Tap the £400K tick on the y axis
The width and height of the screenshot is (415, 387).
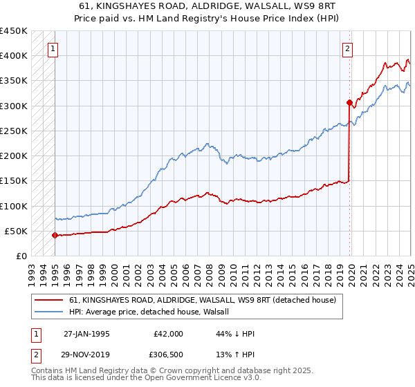pos(14,56)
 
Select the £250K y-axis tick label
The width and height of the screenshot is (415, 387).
pos(14,131)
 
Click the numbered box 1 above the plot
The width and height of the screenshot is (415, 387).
pos(53,48)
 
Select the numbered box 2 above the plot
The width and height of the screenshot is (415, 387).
pos(347,48)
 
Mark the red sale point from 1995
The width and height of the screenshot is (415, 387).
pos(55,235)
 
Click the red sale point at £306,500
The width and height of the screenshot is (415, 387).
pos(349,102)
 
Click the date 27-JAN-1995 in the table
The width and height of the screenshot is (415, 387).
pos(86,334)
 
